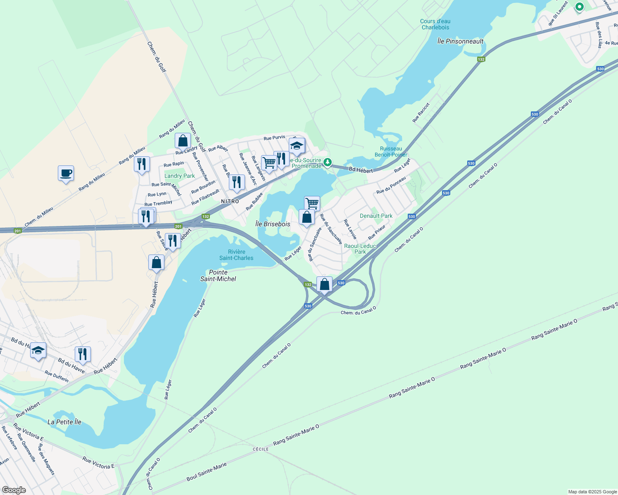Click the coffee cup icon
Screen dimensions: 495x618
(66, 173)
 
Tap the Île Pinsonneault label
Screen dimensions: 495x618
(460, 41)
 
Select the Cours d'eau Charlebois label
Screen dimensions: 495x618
(435, 24)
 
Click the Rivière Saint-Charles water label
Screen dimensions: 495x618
(236, 255)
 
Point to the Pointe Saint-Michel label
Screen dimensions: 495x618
(218, 276)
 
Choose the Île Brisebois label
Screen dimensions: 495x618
(273, 224)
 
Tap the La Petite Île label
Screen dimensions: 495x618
(64, 422)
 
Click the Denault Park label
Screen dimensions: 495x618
(376, 216)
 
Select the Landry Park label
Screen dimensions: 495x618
(180, 176)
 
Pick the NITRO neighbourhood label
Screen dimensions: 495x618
(230, 201)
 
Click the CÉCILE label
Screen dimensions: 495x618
(261, 449)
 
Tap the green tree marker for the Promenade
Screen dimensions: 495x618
(328, 162)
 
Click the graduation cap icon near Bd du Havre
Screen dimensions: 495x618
(38, 351)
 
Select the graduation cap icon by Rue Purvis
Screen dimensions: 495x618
(297, 146)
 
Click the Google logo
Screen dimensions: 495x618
(14, 490)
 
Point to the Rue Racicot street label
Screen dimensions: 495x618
(421, 112)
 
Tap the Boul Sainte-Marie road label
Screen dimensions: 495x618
(207, 472)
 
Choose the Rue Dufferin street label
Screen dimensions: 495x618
(57, 376)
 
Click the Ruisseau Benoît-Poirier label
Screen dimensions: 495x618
(391, 151)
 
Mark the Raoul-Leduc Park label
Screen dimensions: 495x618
(360, 249)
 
